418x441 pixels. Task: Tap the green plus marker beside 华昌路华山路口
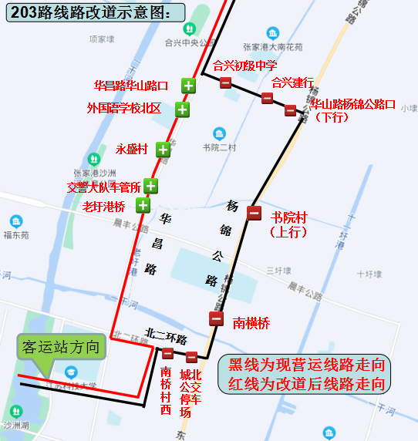coord(188,86)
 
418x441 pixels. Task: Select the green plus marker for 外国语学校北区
coord(182,109)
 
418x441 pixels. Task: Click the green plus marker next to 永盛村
coord(163,150)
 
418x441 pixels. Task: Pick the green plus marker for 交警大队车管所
coord(150,186)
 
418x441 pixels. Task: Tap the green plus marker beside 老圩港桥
coord(143,205)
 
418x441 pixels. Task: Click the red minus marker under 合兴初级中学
coord(225,82)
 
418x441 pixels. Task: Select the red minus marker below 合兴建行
coord(267,98)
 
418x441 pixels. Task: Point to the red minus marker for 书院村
coord(254,213)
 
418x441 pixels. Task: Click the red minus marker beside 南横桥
coord(217,318)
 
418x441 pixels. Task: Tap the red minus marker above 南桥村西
coord(167,353)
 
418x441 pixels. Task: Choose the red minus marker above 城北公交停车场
coord(191,356)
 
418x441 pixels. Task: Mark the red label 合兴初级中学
coord(244,66)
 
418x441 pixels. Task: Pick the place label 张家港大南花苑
coord(273,46)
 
